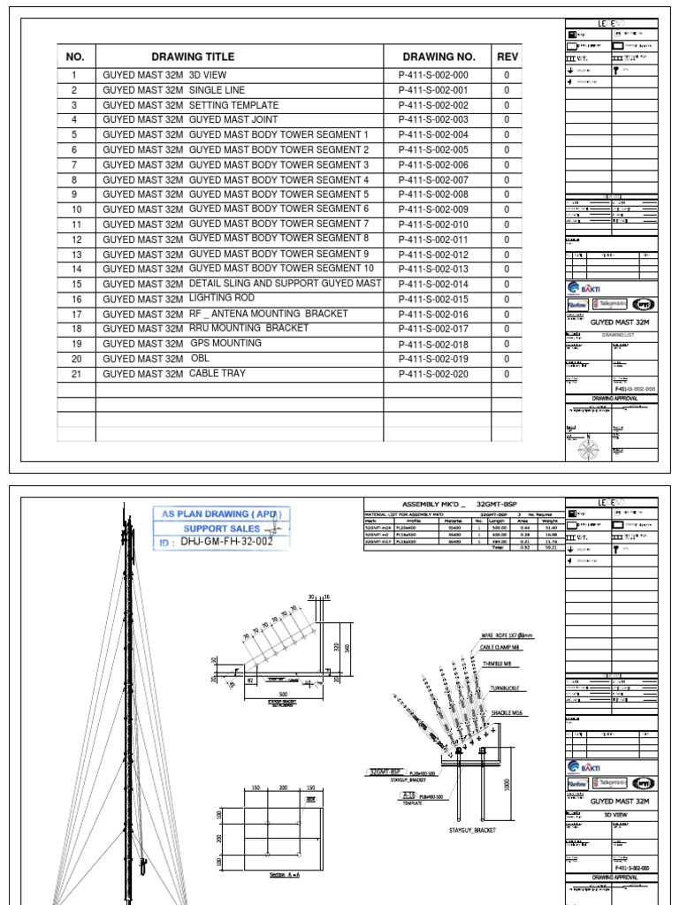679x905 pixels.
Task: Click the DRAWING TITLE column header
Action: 193,57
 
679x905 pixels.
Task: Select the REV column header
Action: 507,57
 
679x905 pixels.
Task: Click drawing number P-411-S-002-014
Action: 433,285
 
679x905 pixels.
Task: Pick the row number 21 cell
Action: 76,374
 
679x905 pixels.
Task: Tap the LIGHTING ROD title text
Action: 221,299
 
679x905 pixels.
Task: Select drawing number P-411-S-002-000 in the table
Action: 433,76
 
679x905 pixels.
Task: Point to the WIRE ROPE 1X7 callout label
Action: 507,635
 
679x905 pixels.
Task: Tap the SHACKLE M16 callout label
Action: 508,711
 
